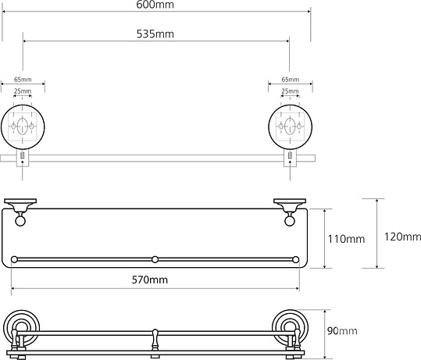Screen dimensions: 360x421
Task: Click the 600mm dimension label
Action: click(x=156, y=5)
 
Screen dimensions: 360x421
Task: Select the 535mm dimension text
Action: click(x=156, y=34)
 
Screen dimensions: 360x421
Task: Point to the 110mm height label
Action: click(x=346, y=239)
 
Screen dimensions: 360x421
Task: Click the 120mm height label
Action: click(x=402, y=237)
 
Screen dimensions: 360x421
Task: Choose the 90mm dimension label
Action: click(x=337, y=331)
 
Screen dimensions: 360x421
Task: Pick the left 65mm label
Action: click(x=23, y=80)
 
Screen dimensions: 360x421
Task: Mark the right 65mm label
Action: click(x=290, y=80)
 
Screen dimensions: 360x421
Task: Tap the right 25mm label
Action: click(x=290, y=92)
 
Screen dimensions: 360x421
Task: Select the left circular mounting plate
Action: click(x=23, y=125)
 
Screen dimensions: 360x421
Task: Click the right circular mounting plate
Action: click(x=290, y=125)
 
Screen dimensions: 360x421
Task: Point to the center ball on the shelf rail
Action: click(x=155, y=258)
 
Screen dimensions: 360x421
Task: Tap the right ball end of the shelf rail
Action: click(x=297, y=258)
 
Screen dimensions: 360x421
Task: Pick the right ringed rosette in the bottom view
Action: click(x=289, y=328)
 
